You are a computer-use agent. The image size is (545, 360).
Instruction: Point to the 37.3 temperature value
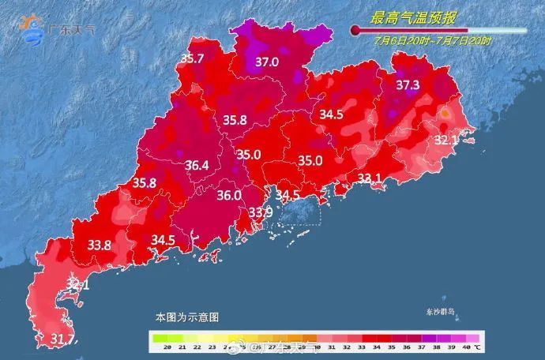pos(408,84)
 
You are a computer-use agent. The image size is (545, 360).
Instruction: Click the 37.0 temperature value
pos(267,61)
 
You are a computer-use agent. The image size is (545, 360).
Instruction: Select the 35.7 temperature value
pos(193,58)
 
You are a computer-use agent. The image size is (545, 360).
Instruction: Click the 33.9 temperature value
pos(261,212)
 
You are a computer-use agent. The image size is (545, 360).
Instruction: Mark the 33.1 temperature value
pos(370,178)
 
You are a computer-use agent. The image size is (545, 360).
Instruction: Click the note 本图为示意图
pos(186,316)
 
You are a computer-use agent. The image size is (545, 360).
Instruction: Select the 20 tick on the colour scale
pos(158,347)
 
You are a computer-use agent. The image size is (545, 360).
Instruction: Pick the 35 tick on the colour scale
pos(376,347)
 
